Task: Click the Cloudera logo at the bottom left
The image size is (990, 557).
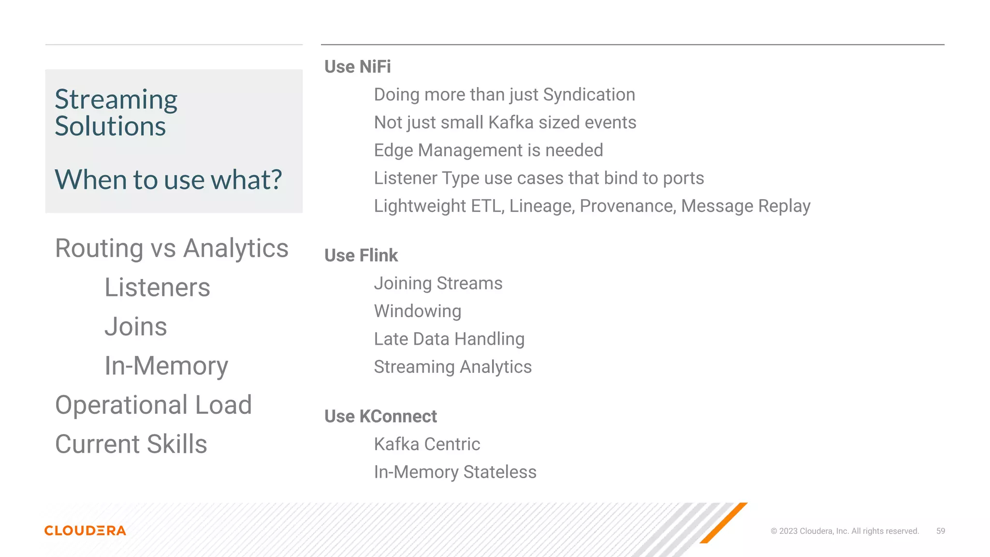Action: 85,530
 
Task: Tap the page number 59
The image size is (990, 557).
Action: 940,531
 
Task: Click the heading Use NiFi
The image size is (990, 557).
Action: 357,67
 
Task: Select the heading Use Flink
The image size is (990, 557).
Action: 361,255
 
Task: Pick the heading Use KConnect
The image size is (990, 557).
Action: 380,416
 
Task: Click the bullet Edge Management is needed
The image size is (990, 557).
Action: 488,150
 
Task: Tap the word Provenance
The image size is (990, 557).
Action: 626,206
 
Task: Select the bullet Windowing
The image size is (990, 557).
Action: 418,311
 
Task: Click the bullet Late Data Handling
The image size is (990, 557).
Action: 449,339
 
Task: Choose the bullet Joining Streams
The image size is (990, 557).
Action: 438,283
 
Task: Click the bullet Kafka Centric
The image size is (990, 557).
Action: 427,444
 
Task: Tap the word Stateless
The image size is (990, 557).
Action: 499,472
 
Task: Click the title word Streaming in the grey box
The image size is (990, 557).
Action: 116,100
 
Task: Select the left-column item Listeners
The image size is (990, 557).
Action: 157,287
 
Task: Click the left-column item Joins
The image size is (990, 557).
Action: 136,326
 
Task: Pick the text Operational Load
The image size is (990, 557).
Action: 153,405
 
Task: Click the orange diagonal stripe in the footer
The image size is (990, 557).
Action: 724,523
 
